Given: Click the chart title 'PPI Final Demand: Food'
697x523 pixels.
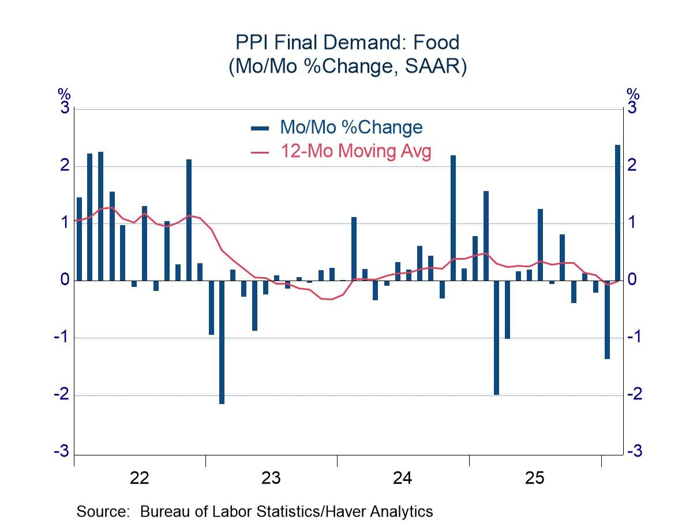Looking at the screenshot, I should pos(347,43).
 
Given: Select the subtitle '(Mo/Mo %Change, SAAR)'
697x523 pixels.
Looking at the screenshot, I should pos(347,66).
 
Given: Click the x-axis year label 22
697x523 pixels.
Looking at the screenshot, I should pos(140,478).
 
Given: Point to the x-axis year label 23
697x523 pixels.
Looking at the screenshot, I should pos(271,478).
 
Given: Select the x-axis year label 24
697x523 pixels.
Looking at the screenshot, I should pos(403,478).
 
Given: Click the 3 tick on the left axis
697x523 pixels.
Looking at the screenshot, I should pos(64,108).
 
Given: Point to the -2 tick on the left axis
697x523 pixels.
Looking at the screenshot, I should pos(61,395).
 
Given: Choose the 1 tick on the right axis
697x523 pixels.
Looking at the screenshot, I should pos(633,223).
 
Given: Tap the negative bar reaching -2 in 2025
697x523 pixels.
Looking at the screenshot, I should pos(496,338).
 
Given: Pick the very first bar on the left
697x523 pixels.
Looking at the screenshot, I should pos(79,239).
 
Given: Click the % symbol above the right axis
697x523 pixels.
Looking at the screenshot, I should pos(633,94).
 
